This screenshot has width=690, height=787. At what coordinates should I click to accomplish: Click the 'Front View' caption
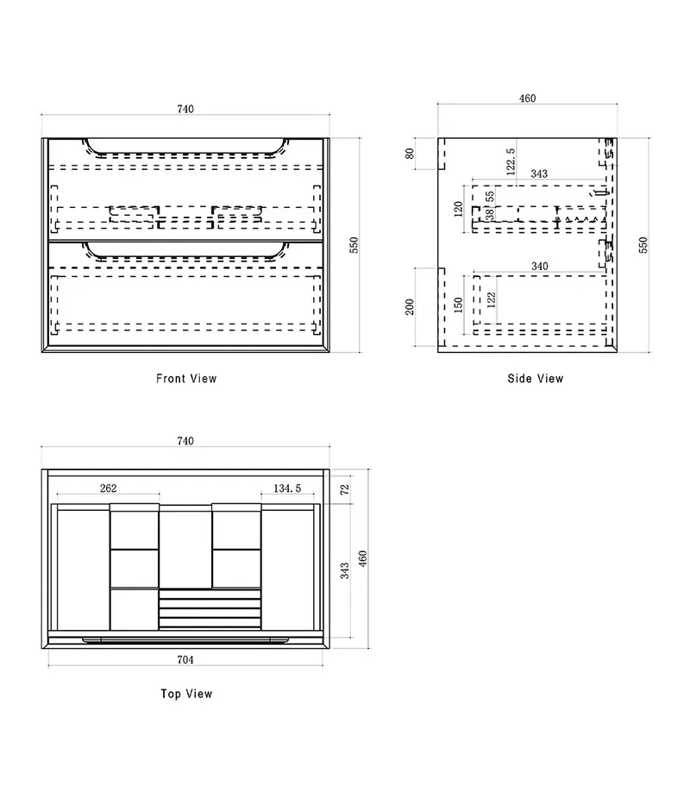(186, 379)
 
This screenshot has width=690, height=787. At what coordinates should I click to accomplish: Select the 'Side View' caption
(536, 379)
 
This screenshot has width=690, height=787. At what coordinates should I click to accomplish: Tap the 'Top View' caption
(186, 694)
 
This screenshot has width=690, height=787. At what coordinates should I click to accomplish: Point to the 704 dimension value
(185, 659)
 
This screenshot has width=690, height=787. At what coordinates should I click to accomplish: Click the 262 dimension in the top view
(109, 488)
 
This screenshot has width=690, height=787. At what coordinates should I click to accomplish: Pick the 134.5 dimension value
(287, 488)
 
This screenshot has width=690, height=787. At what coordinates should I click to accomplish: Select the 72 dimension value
(345, 489)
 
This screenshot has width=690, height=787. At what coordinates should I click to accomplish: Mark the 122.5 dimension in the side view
(511, 161)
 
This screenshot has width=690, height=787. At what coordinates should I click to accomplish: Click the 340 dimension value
(539, 266)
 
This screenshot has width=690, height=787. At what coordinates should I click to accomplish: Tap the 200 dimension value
(410, 306)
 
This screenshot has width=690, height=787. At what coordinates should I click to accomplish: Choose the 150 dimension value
(458, 305)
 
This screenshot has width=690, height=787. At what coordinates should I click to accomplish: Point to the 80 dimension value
(410, 153)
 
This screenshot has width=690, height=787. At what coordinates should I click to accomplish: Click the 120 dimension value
(458, 209)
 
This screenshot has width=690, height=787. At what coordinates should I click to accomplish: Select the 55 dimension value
(490, 196)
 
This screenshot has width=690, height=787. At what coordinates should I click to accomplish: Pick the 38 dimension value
(490, 215)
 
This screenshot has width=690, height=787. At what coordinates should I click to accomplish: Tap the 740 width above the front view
(185, 109)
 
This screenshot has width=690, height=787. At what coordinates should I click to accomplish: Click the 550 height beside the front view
(354, 245)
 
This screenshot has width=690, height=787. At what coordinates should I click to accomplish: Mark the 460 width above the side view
(527, 98)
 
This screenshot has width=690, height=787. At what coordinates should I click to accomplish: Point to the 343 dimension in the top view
(345, 570)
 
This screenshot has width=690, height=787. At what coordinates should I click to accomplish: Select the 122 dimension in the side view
(492, 299)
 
